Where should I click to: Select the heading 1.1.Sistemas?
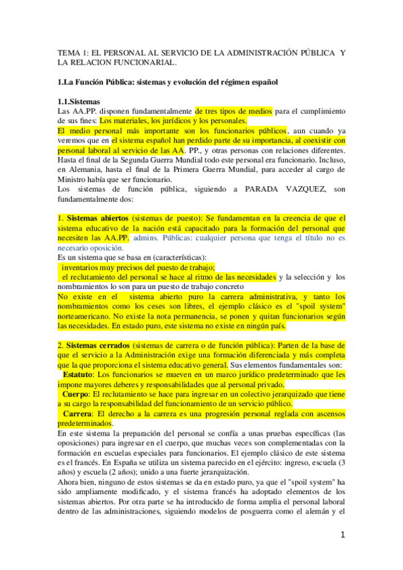79,101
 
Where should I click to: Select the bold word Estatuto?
79,374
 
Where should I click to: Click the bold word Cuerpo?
77,393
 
